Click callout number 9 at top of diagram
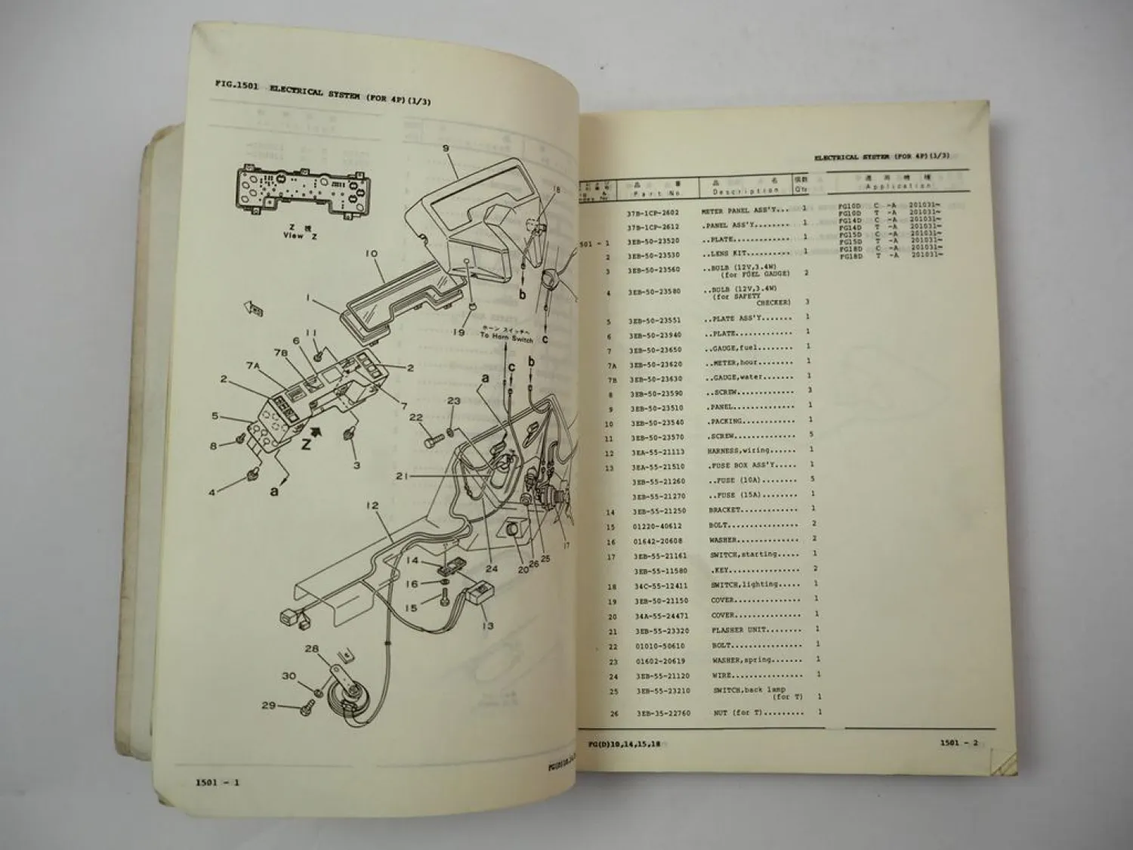pos(446,149)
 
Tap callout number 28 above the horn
pos(311,648)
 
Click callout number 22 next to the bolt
pos(416,417)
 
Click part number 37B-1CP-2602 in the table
pos(652,213)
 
